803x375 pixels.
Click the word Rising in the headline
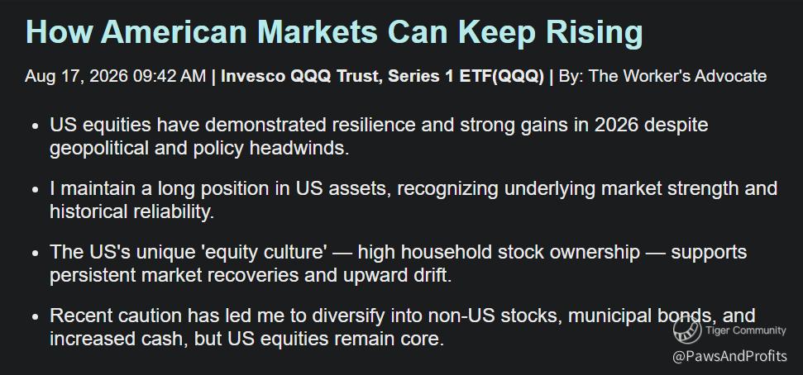click(x=594, y=33)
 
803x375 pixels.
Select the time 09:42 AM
click(x=169, y=76)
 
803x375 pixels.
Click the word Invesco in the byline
click(x=253, y=76)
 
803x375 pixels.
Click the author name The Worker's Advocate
click(x=677, y=76)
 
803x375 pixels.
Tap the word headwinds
click(x=299, y=148)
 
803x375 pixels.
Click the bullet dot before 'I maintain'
click(x=35, y=190)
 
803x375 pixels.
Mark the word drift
click(x=435, y=275)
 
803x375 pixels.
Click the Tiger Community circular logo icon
click(x=686, y=330)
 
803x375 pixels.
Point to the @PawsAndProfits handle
click(x=729, y=356)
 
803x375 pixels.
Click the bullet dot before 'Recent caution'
click(x=35, y=317)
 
